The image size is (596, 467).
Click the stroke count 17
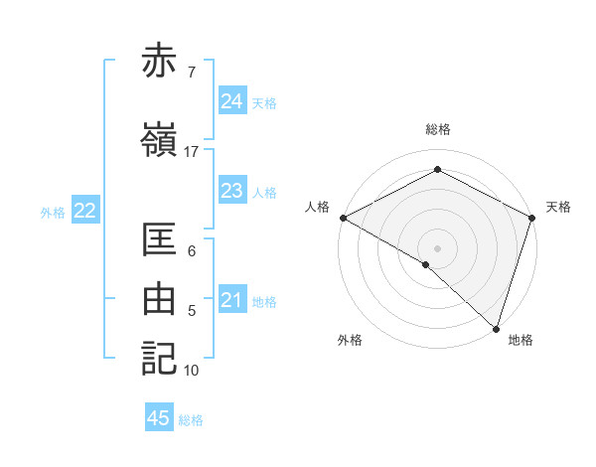pos(192,152)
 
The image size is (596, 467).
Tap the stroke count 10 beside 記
pos(192,371)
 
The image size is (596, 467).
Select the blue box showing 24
pos(231,101)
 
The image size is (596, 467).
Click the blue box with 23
pos(231,191)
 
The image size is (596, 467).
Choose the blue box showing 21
pos(231,300)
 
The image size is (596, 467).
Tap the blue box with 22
pos(84,211)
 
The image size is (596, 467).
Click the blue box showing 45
pos(159,418)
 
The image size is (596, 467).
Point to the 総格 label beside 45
pos(191,420)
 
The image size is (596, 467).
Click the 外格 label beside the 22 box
pos(53,212)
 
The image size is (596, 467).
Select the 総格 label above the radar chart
pos(437,130)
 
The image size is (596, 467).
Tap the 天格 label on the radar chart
pos(558,207)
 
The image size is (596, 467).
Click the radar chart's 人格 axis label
pos(317,207)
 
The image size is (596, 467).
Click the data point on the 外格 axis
pos(426,264)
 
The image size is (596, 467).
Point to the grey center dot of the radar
pos(437,247)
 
